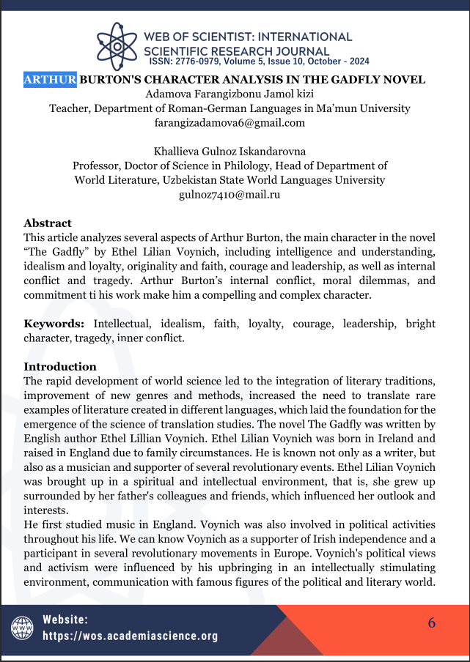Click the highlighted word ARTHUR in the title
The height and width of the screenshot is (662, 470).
(50, 80)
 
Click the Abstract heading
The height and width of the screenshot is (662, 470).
(48, 223)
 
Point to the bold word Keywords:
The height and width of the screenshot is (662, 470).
(54, 323)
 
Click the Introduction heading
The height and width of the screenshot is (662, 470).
(60, 366)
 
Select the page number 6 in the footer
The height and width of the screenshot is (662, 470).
(432, 623)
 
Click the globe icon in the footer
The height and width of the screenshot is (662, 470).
(22, 628)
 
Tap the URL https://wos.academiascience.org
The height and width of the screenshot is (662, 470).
(131, 636)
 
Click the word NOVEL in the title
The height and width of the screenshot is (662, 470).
(402, 80)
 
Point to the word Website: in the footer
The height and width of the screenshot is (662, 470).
(65, 620)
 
